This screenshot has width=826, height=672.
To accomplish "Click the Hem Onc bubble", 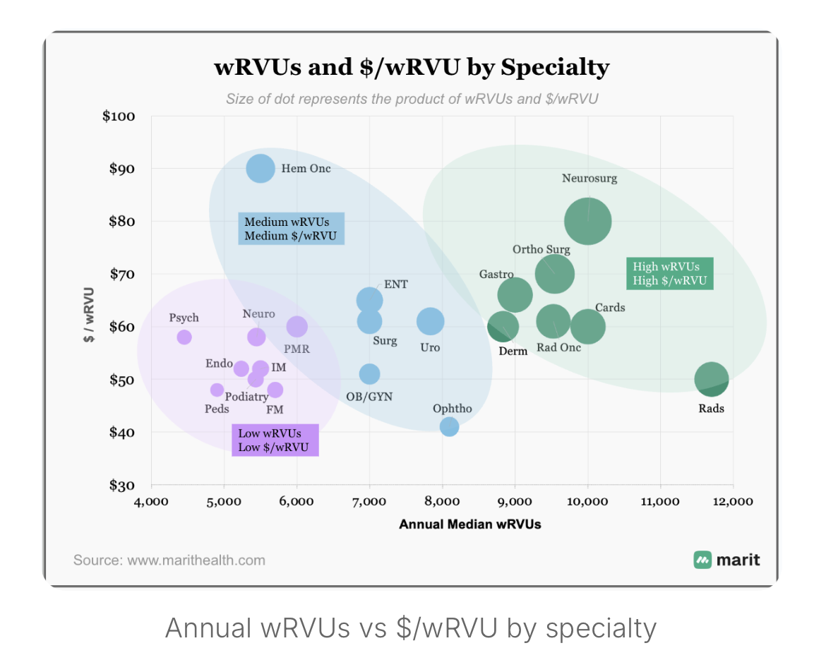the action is [x=261, y=169].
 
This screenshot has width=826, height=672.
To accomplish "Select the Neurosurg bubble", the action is [x=588, y=221].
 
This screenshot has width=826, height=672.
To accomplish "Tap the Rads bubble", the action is [x=712, y=379].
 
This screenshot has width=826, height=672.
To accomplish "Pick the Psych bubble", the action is [x=184, y=337].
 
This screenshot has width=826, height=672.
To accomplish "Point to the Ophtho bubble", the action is [x=449, y=426].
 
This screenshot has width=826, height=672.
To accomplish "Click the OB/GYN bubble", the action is [x=370, y=374].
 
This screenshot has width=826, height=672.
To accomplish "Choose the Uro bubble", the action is [x=431, y=321].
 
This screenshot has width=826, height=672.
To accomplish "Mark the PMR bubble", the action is [x=297, y=327].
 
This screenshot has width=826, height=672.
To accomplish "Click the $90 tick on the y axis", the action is [x=121, y=169].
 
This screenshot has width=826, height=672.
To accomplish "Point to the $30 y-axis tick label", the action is [x=121, y=485].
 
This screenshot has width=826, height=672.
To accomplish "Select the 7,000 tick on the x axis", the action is [x=369, y=501].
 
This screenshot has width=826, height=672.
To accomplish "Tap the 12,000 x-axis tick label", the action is [x=733, y=501].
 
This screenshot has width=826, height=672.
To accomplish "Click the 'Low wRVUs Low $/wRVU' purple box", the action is [x=275, y=440].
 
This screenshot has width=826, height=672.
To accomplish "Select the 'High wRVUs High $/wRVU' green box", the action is [x=669, y=273].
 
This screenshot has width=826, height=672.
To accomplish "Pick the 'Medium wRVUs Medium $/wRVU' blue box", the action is [x=291, y=229].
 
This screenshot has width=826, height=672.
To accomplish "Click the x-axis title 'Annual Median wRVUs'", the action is [x=470, y=524].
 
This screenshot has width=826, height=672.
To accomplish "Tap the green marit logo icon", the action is [x=702, y=560].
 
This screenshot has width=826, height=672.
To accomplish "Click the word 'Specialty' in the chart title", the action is [x=555, y=68].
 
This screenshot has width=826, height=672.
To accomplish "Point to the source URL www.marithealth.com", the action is [x=196, y=560].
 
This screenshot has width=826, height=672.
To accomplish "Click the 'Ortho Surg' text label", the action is [x=541, y=249].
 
